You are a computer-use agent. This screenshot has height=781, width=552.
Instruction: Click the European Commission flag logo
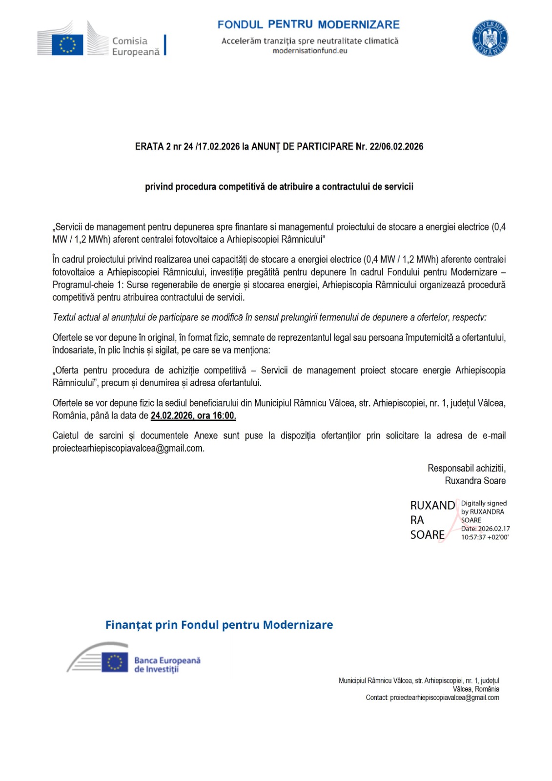pyautogui.click(x=67, y=44)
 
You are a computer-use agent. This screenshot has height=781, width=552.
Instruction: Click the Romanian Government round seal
pyautogui.click(x=490, y=39)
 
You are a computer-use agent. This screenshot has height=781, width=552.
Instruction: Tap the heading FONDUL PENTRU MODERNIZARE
pyautogui.click(x=308, y=24)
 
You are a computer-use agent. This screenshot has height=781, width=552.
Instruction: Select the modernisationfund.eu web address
pyautogui.click(x=310, y=51)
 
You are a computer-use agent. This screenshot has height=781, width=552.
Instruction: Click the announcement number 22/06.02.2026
pyautogui.click(x=396, y=146)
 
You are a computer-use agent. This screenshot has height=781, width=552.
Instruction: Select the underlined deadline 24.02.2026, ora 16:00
pyautogui.click(x=193, y=416)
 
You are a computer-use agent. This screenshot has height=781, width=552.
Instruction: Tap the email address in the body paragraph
pyautogui.click(x=128, y=448)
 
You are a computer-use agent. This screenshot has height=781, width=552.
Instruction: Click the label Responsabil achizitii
pyautogui.click(x=466, y=468)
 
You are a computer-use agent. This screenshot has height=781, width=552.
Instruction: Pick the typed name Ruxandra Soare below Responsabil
pyautogui.click(x=475, y=481)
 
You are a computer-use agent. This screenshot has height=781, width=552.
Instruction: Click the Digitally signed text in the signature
pyautogui.click(x=484, y=503)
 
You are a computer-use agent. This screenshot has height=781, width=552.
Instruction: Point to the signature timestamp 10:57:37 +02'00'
pyautogui.click(x=485, y=537)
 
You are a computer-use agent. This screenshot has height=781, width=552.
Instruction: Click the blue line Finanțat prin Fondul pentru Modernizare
pyautogui.click(x=219, y=625)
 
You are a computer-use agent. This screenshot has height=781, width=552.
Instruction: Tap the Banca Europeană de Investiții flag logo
pyautogui.click(x=115, y=662)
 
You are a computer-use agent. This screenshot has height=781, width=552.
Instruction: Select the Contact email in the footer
pyautogui.click(x=444, y=698)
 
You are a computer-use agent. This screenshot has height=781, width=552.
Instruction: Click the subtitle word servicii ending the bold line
pyautogui.click(x=397, y=186)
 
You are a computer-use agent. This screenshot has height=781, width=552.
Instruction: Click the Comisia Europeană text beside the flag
pyautogui.click(x=135, y=46)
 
